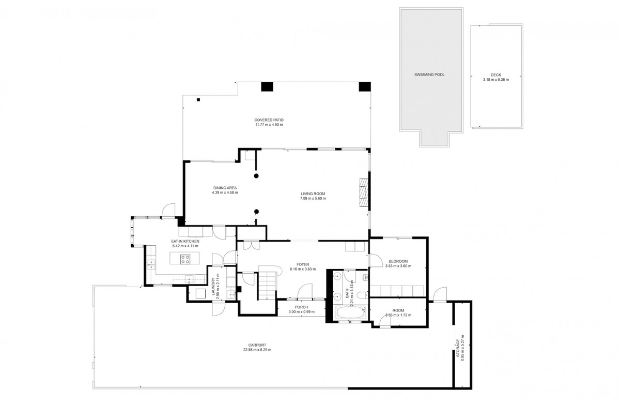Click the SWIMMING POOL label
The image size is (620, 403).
click(429, 74)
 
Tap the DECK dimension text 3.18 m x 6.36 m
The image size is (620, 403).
click(495, 80)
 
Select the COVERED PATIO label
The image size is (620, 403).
click(269, 120)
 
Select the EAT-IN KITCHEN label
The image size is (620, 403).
click(185, 241)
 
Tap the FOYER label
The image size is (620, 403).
click(303, 264)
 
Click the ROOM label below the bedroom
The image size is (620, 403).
click(398, 311)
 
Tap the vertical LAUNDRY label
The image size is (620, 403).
click(213, 288)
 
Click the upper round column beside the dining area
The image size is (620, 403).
click(256, 176)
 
